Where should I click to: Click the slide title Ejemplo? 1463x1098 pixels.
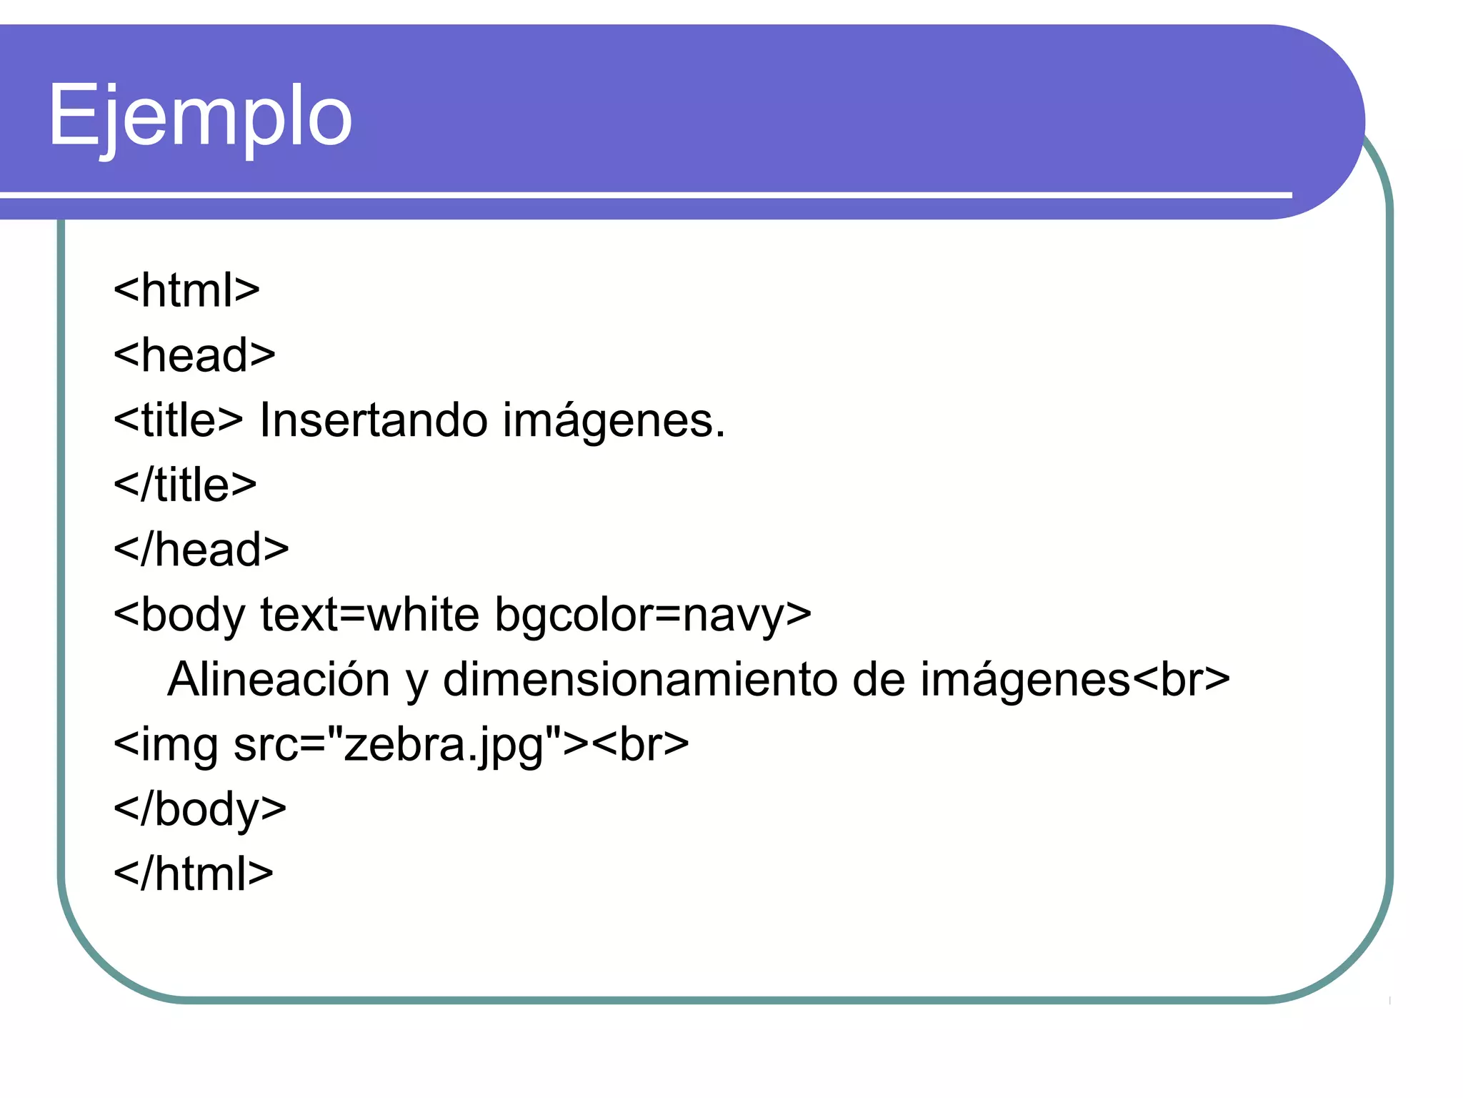200,116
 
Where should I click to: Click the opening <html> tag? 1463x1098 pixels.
186,290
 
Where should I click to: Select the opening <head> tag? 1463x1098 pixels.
194,355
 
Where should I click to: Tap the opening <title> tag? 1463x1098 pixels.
179,420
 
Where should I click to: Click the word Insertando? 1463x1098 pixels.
372,420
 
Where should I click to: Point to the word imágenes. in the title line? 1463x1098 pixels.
614,421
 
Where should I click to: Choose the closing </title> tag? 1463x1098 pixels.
185,485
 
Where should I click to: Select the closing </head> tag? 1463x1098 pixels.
201,550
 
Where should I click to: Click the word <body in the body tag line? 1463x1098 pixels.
179,615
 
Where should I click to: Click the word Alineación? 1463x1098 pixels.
279,679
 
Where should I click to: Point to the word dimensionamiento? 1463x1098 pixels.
639,679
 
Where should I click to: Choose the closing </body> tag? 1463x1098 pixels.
200,809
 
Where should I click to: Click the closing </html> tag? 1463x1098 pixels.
194,874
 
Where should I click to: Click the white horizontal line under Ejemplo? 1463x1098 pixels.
643,194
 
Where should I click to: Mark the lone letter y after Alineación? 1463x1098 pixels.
416,683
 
